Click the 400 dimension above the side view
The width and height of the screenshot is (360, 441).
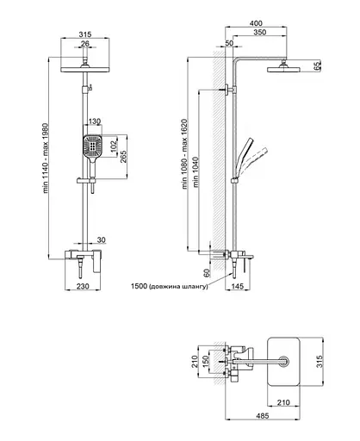(256, 23)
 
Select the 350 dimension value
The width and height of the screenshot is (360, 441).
(260, 32)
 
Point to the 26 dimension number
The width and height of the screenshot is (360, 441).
(85, 44)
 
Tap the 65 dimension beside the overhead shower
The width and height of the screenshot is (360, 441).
(317, 65)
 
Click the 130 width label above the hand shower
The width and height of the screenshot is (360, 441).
(95, 121)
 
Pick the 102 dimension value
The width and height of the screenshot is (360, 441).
(115, 145)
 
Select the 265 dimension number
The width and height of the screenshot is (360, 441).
(123, 157)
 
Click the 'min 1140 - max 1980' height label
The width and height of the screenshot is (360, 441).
(47, 158)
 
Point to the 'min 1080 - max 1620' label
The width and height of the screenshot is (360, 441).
(184, 154)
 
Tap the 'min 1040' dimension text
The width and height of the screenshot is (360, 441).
(196, 172)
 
